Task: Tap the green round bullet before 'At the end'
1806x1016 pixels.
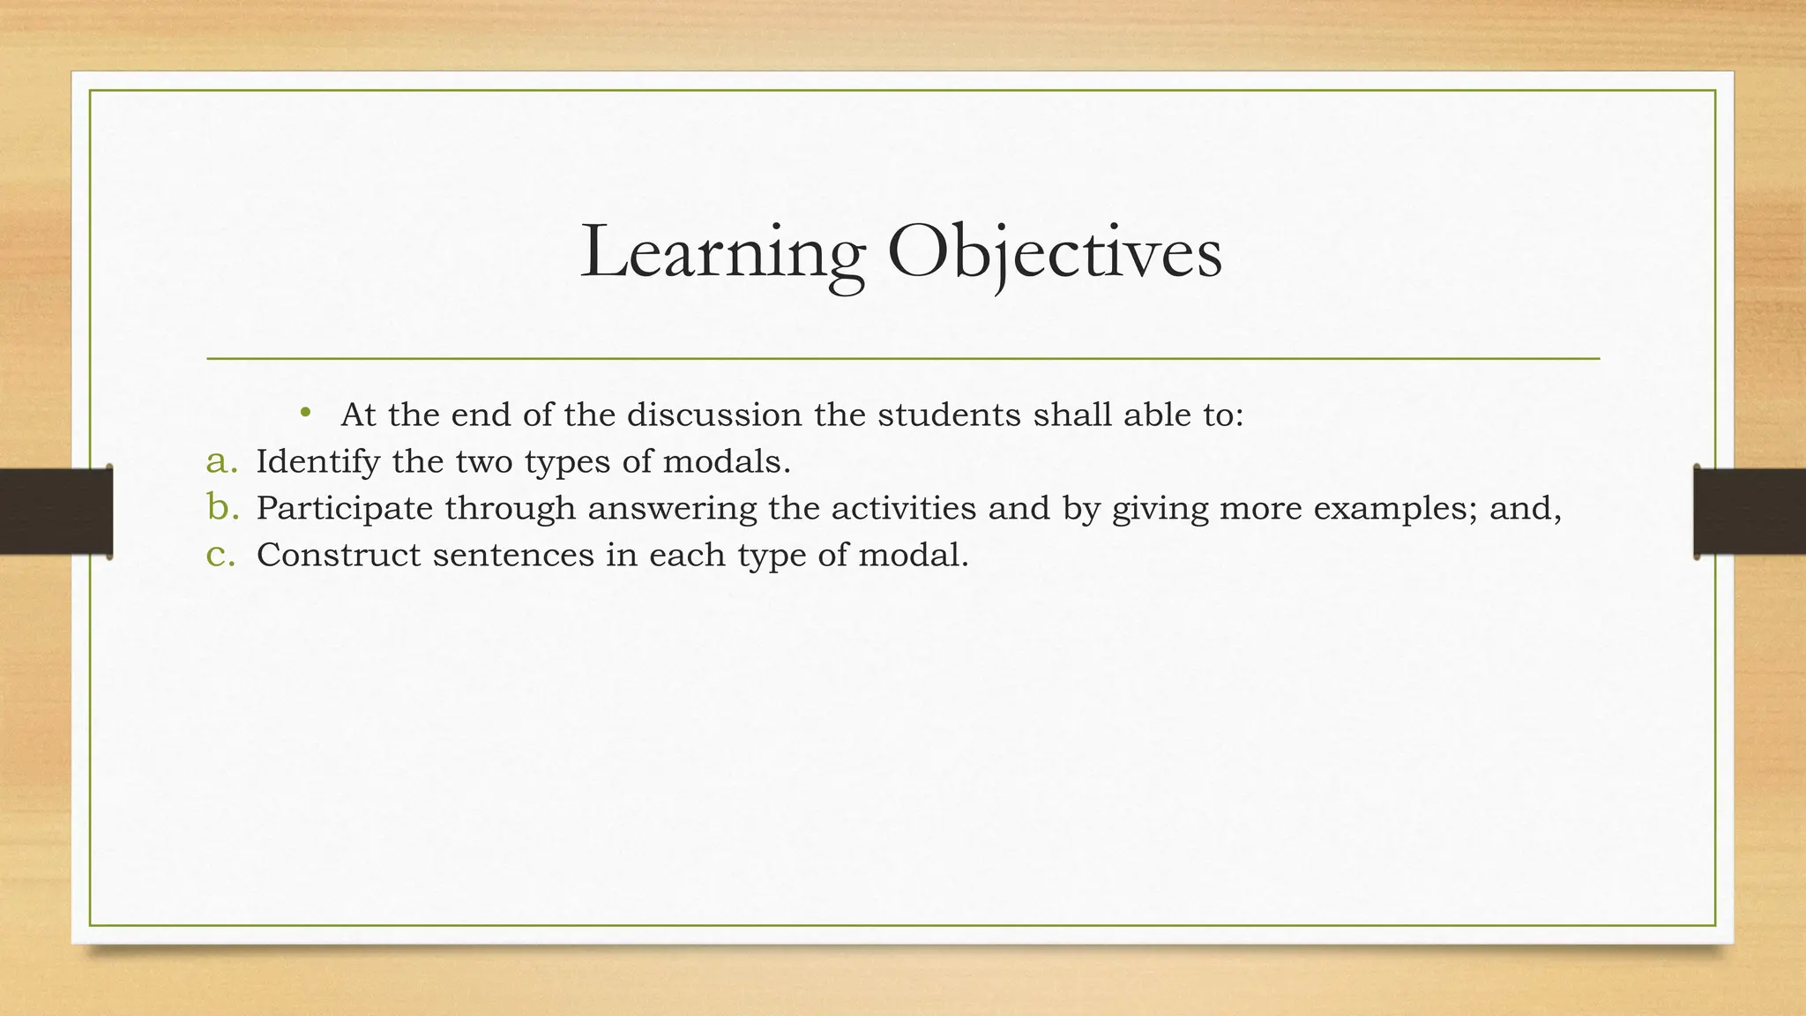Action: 305,412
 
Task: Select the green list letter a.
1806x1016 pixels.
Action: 220,461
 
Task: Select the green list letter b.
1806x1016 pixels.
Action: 222,507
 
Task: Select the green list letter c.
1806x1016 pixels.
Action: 220,555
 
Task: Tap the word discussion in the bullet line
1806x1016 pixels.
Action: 714,415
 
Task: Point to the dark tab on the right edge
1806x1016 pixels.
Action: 1750,512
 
